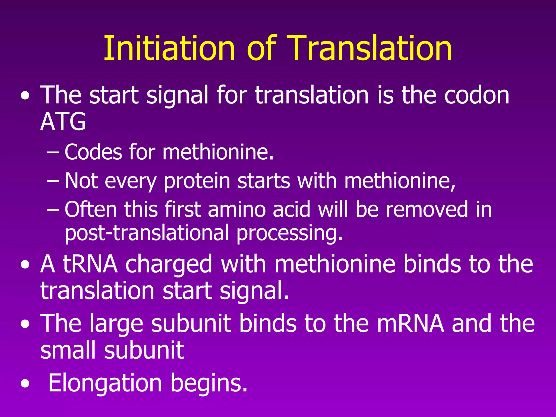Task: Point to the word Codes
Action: [93, 152]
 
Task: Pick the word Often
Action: [91, 209]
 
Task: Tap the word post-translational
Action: [147, 233]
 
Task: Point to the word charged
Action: [169, 265]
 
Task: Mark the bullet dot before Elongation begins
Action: [25, 384]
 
